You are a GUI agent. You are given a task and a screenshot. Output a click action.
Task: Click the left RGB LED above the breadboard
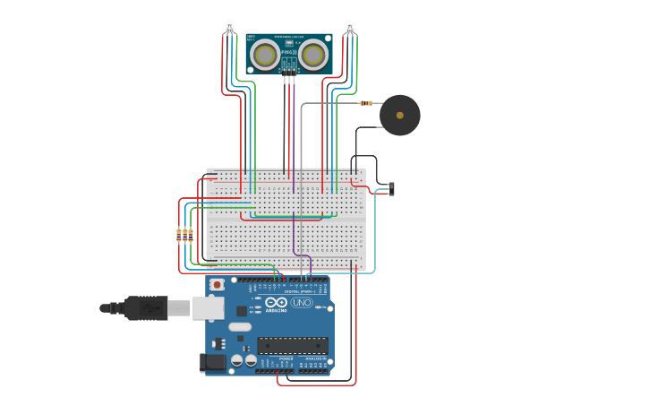pos(229,26)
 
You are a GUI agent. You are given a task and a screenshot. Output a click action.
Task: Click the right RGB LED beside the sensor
pos(349,26)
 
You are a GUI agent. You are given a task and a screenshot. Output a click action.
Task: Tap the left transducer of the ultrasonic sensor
pos(264,55)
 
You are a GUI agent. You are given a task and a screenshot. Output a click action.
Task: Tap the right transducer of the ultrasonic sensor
pos(312,55)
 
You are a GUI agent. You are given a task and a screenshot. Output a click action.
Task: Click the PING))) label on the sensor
pos(288,53)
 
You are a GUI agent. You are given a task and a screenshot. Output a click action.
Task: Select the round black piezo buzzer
pos(399,115)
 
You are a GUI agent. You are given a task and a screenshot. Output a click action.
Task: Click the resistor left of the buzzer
pos(366,103)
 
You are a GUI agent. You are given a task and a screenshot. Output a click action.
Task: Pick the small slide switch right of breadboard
pos(391,188)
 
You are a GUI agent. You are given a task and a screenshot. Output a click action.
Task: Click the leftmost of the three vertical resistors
pos(178,235)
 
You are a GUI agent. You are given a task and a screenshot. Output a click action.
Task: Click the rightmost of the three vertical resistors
pos(191,235)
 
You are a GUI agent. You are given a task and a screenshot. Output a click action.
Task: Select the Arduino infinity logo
pos(277,302)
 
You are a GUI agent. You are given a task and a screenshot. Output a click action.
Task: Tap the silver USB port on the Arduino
pos(208,307)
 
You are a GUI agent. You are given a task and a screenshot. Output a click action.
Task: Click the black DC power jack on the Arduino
pos(213,361)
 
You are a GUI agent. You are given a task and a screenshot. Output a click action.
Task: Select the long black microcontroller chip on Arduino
pos(292,345)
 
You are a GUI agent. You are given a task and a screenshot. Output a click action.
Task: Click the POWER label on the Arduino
pos(286,358)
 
